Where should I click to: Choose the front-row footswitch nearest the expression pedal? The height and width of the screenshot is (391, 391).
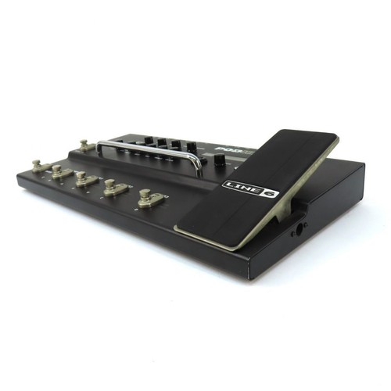(x=148, y=198)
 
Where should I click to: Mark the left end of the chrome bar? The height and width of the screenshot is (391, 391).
(x=99, y=145)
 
